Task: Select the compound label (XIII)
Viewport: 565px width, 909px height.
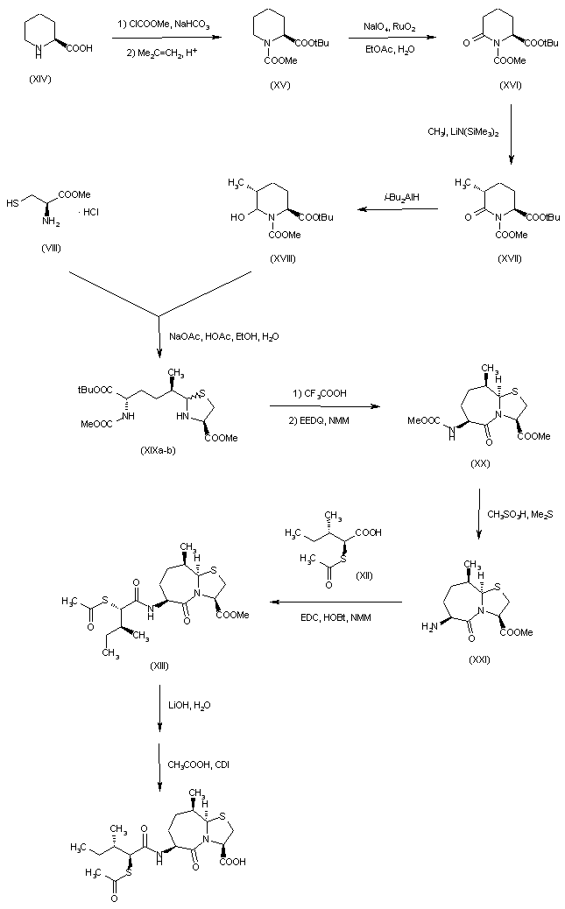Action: tap(159, 666)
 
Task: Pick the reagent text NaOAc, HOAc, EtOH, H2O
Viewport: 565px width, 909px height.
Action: tap(212, 335)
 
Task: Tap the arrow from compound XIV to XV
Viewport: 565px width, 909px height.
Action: tap(161, 36)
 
